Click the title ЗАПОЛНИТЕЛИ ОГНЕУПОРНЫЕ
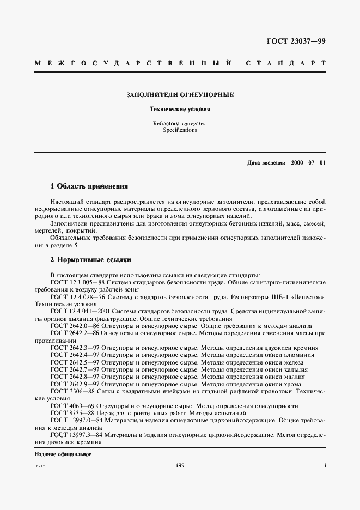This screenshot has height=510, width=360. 180,95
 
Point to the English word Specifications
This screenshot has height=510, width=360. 180,131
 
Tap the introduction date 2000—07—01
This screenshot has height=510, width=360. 308,163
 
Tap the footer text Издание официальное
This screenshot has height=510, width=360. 63,454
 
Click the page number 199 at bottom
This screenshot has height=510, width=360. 180,465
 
